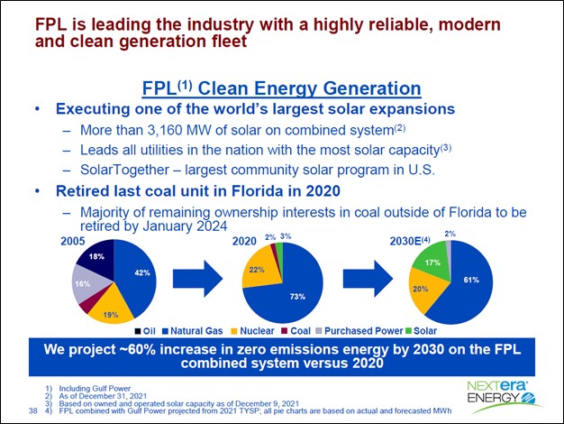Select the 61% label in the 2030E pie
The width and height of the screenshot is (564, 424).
472,281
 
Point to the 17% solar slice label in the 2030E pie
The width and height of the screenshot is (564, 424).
433,263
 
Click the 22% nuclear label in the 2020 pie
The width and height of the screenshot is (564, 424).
257,271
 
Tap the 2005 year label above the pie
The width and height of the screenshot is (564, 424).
75,242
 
